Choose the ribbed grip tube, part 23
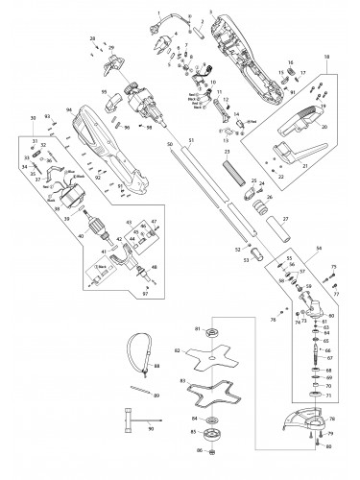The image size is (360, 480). pos(234,179)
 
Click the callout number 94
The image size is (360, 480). pos(68,110)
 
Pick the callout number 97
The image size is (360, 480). pos(145,292)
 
